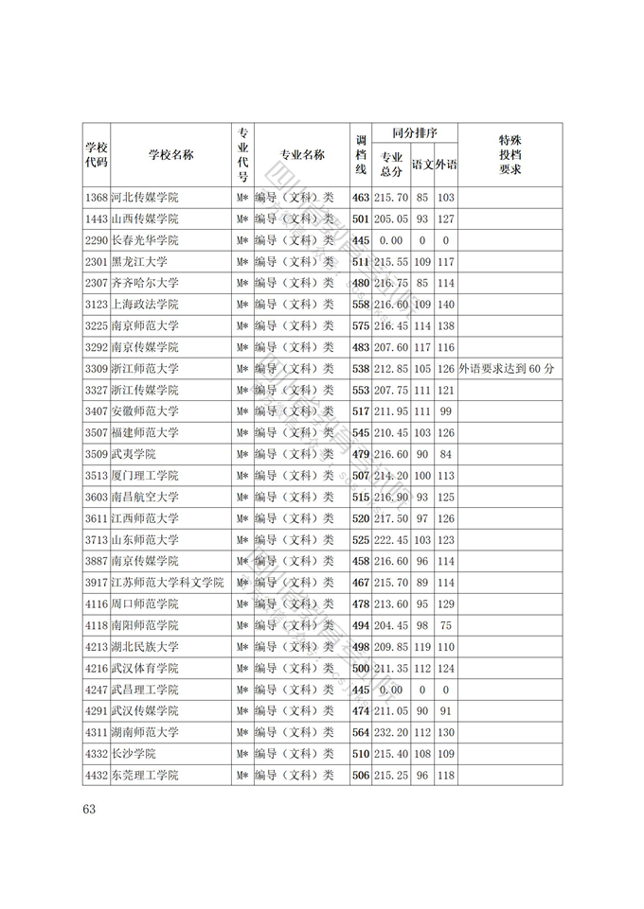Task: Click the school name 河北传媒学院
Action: [145, 198]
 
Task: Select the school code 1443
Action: [96, 219]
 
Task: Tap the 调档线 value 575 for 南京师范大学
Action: [360, 325]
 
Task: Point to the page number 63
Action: [90, 809]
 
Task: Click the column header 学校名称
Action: [170, 155]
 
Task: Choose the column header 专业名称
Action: [302, 155]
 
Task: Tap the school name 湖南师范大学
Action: [145, 732]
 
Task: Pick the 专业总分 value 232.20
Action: [391, 732]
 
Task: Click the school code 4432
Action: [96, 775]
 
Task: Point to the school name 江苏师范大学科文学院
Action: [168, 582]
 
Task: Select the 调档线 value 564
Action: [360, 732]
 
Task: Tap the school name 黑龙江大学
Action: [139, 261]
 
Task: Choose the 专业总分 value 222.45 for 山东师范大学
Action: [391, 539]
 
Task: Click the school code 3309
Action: [96, 369]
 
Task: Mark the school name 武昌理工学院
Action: [145, 690]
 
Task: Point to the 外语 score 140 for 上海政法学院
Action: [446, 305]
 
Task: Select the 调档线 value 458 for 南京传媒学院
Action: [360, 561]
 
